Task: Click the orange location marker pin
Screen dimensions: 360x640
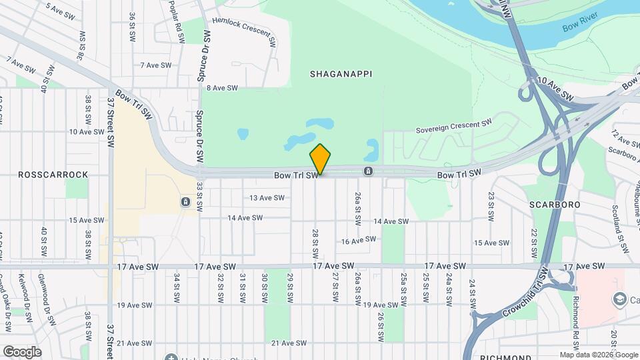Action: tap(321, 159)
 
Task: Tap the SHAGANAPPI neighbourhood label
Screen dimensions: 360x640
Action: tap(340, 74)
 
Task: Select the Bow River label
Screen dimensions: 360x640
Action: tap(577, 28)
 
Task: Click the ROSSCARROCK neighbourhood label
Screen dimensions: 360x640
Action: tap(53, 175)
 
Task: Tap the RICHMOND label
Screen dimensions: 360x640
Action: tap(505, 357)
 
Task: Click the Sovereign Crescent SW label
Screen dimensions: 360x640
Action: tap(453, 127)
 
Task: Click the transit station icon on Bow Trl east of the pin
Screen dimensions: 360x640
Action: tap(368, 171)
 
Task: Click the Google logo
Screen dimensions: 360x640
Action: tap(21, 351)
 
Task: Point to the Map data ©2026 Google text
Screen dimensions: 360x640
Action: tap(598, 355)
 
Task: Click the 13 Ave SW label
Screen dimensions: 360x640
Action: tap(267, 198)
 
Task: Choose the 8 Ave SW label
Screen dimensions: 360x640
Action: tap(222, 88)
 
